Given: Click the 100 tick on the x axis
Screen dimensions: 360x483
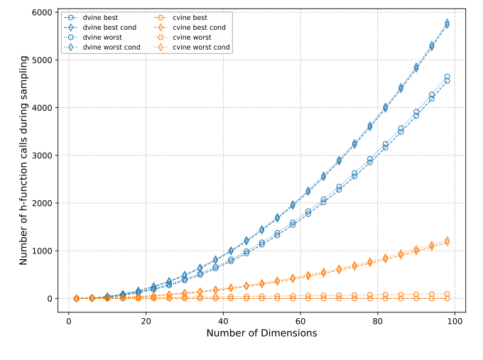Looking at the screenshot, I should coord(454,321).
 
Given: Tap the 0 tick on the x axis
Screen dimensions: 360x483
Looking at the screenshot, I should coord(68,321).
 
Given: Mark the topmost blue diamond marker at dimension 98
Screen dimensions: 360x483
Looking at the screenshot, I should coord(447,23).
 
